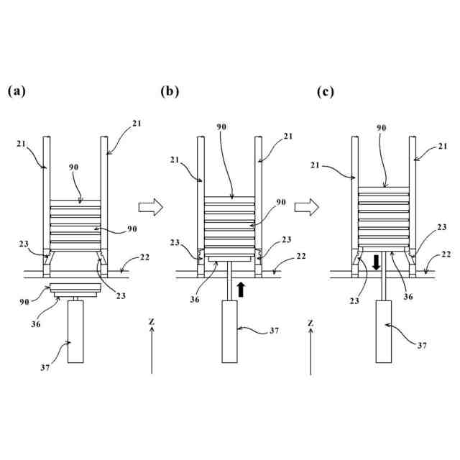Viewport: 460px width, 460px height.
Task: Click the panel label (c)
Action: tap(326, 92)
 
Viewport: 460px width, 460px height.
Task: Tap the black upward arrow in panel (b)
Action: tap(241, 289)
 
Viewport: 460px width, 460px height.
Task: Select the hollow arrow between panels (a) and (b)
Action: tap(151, 207)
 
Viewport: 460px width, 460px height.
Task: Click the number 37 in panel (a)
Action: tap(44, 367)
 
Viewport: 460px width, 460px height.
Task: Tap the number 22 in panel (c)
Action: tap(446, 254)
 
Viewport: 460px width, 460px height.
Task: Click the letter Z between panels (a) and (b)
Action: tap(152, 323)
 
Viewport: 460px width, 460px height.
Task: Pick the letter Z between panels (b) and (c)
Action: tap(310, 323)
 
